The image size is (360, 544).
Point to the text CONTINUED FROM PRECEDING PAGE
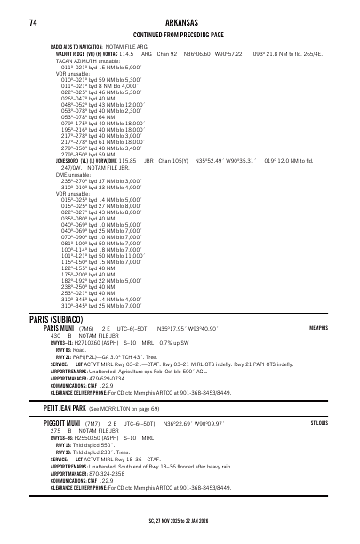tap(180, 35)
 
